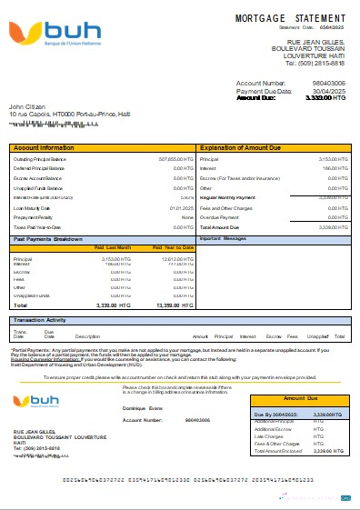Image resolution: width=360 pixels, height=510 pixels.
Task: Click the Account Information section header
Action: pyautogui.click(x=45, y=147)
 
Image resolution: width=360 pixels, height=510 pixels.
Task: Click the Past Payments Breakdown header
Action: pyautogui.click(x=50, y=238)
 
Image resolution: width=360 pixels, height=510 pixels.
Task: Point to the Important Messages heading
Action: pyautogui.click(x=223, y=238)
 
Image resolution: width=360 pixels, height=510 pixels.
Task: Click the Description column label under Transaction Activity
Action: pyautogui.click(x=87, y=336)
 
